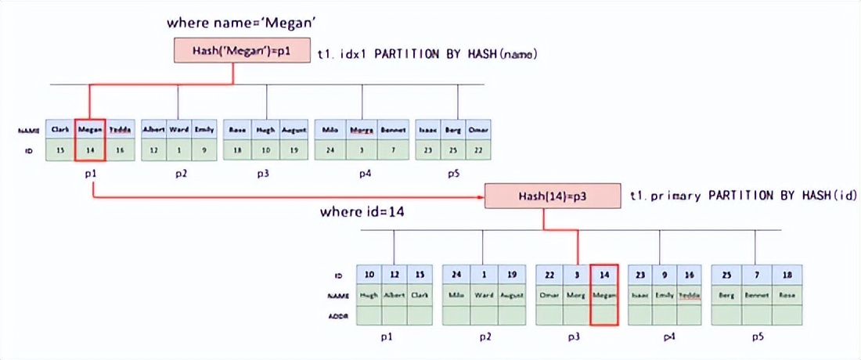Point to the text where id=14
coord(362,212)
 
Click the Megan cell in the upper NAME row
coord(90,128)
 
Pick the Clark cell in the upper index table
coord(60,128)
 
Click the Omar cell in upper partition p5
coord(477,128)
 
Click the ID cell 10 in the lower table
coord(369,275)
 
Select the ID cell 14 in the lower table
coord(603,275)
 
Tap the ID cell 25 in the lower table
coord(726,275)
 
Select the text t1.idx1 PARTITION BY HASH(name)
coord(426,54)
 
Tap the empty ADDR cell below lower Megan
coord(603,315)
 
